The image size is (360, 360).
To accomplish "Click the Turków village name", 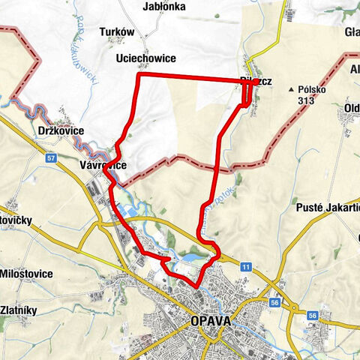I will [x=116, y=32].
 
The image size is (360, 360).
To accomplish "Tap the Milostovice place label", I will [x=27, y=273].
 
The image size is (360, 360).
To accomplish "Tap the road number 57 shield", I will [x=50, y=157].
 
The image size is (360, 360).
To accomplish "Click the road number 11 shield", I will [x=246, y=266].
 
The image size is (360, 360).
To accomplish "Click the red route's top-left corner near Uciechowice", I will [x=138, y=75].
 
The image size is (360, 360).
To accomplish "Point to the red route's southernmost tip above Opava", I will [x=197, y=286].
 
